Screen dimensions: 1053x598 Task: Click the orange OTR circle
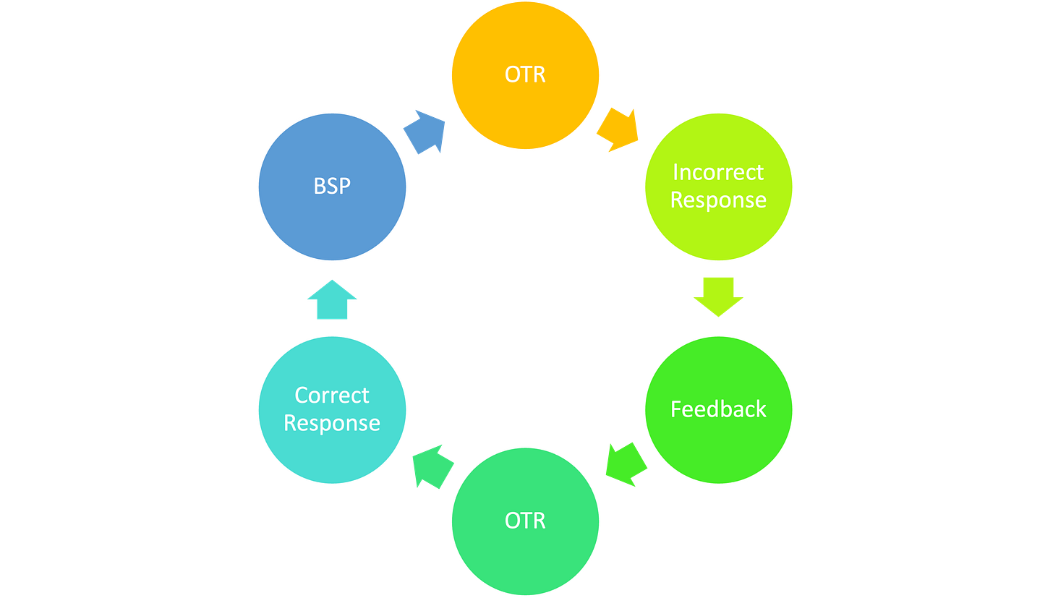(525, 75)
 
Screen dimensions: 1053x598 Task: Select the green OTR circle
(525, 521)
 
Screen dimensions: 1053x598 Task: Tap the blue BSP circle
(332, 187)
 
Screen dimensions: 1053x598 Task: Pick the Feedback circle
(718, 410)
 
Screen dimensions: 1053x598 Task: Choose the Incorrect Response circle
(718, 187)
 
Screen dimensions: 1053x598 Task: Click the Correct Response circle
(332, 410)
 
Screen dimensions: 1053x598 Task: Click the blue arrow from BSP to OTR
(425, 132)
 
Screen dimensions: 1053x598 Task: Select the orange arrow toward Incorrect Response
(618, 130)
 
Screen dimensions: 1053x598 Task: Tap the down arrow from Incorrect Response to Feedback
(718, 296)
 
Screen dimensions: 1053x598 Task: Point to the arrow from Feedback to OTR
(626, 464)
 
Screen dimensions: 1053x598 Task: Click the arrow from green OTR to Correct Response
(433, 466)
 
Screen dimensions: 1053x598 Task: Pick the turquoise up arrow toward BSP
(332, 299)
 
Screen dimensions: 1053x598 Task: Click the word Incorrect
(718, 172)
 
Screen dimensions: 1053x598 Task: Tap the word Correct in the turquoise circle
(332, 396)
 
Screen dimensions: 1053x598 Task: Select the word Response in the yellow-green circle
(718, 200)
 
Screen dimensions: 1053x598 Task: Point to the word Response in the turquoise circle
(332, 423)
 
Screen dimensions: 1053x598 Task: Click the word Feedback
(718, 409)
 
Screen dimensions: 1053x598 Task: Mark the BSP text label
(332, 186)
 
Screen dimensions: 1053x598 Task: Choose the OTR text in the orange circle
(525, 74)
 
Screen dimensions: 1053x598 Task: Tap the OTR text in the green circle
(525, 521)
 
